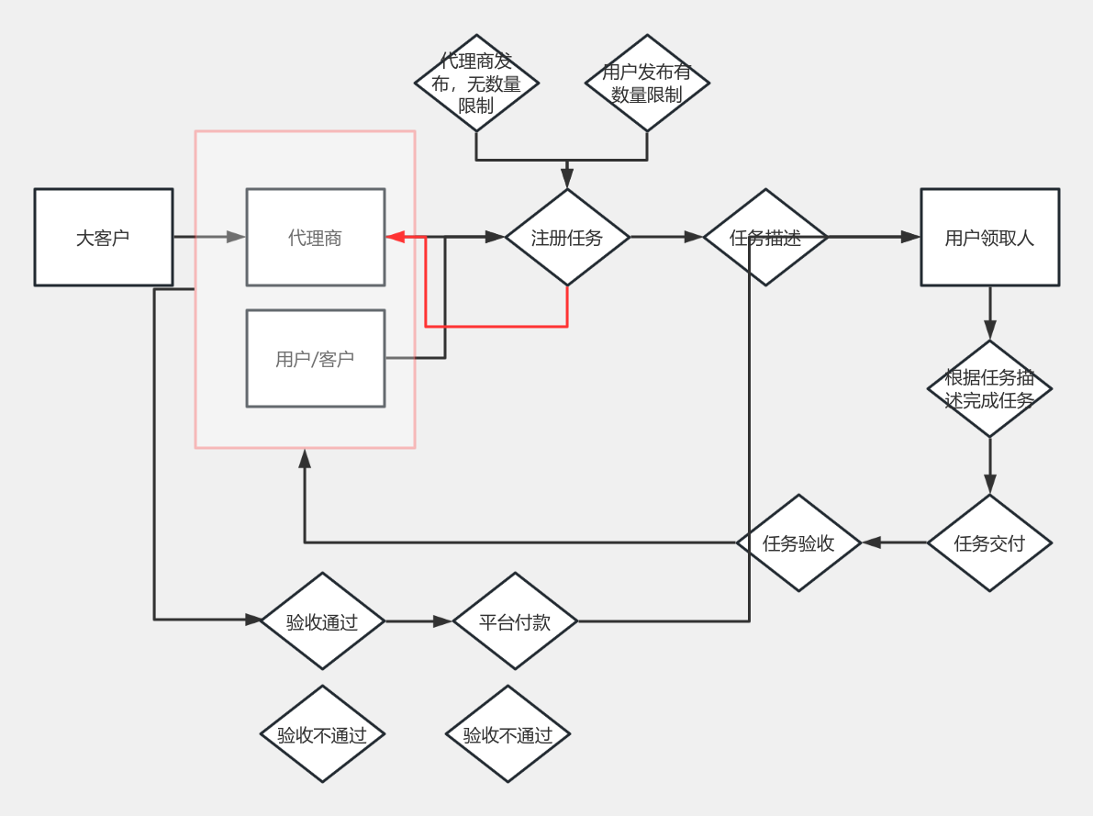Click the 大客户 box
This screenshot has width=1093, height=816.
point(104,237)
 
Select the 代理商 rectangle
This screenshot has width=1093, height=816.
point(316,237)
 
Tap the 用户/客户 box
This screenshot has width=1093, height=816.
point(316,359)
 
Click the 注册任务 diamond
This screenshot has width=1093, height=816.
point(567,237)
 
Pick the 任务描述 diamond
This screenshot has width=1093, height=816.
point(765,237)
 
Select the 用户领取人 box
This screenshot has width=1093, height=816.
point(990,237)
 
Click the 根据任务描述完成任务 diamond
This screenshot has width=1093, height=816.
point(990,388)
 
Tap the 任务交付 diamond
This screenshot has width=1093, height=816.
point(990,542)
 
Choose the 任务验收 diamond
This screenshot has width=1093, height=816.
point(798,542)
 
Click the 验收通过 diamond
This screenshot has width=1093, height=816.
point(322,620)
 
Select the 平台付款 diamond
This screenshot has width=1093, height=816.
point(515,620)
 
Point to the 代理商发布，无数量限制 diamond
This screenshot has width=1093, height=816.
point(477,83)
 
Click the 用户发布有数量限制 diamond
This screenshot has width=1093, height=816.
point(647,83)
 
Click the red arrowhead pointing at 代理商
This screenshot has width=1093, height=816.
point(396,237)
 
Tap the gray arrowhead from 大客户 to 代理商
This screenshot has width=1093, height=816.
point(236,237)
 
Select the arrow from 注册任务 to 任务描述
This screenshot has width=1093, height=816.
point(667,237)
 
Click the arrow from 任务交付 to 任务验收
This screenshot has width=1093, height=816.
point(895,542)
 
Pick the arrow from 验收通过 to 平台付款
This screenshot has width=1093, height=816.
point(418,620)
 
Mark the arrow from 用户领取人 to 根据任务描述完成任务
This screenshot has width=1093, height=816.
point(990,313)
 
